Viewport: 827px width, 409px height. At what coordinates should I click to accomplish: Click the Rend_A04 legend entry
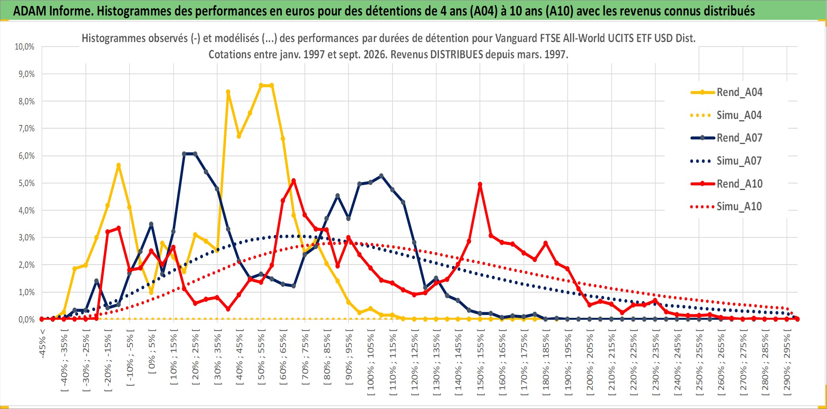(x=727, y=92)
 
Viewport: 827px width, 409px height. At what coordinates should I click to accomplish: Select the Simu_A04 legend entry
(x=727, y=115)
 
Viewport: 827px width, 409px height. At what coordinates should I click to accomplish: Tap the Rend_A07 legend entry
(x=727, y=138)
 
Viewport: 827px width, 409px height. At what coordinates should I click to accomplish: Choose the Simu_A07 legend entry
(x=727, y=161)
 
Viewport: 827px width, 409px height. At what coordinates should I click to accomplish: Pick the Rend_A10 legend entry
(x=727, y=184)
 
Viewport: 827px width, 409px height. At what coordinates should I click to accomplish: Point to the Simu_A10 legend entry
(x=727, y=206)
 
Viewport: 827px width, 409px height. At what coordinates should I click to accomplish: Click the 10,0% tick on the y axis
(x=25, y=47)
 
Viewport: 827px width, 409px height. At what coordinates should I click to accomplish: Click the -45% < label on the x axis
(x=42, y=344)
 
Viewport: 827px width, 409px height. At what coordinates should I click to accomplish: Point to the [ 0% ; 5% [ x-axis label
(x=152, y=351)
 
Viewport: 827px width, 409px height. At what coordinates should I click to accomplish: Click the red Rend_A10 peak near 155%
(x=480, y=184)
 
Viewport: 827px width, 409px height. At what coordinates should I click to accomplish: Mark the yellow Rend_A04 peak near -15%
(x=119, y=165)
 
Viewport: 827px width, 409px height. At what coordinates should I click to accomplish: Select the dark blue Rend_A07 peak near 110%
(x=381, y=176)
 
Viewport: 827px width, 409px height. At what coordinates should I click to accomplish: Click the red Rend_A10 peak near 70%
(x=294, y=181)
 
